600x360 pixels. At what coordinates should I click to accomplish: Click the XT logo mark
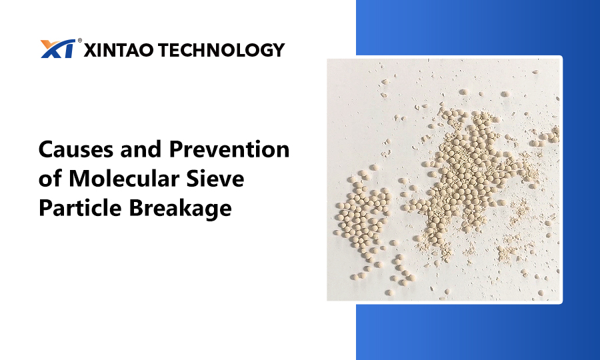pyautogui.click(x=58, y=49)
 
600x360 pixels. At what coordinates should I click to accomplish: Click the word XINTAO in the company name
pyautogui.click(x=119, y=50)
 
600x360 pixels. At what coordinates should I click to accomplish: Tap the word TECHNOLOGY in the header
pyautogui.click(x=221, y=50)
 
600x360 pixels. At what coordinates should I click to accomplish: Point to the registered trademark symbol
pyautogui.click(x=79, y=40)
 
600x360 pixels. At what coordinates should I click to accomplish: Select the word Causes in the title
pyautogui.click(x=76, y=149)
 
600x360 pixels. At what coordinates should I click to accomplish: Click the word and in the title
pyautogui.click(x=141, y=149)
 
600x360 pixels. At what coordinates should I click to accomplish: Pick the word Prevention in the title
pyautogui.click(x=229, y=149)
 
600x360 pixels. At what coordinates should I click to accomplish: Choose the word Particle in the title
pyautogui.click(x=80, y=208)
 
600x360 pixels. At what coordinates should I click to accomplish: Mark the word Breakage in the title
pyautogui.click(x=180, y=209)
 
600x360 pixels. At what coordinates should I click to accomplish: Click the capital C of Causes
pyautogui.click(x=46, y=149)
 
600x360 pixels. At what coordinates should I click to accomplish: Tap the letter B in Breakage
pyautogui.click(x=136, y=208)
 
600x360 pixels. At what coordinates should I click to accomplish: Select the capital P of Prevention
pyautogui.click(x=175, y=149)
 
